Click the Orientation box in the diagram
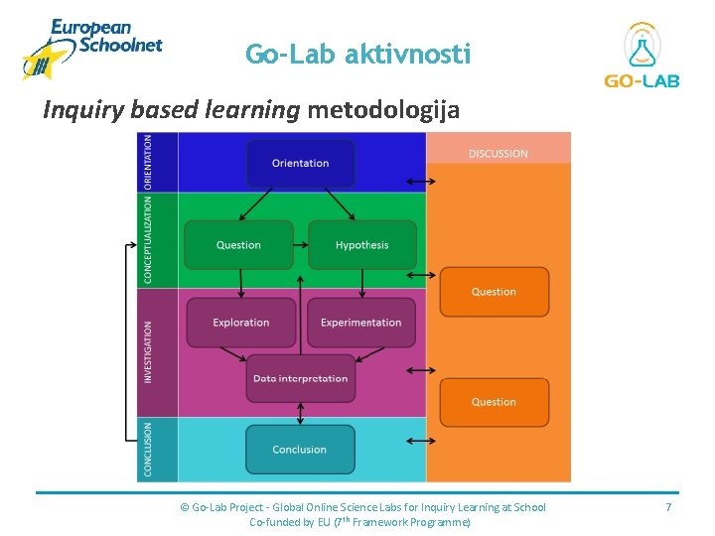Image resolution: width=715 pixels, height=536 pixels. tap(300, 164)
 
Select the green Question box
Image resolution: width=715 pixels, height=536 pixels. tap(238, 245)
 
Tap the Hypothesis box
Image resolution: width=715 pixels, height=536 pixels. tap(361, 245)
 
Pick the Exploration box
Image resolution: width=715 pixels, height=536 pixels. tap(241, 323)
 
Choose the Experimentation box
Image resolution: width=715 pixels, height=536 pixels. tap(361, 323)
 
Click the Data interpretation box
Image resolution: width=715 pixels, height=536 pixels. tap(300, 378)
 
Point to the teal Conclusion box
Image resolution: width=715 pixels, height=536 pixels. tap(299, 450)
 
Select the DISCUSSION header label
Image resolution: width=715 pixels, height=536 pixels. tap(499, 154)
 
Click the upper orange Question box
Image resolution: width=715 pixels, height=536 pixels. tap(494, 292)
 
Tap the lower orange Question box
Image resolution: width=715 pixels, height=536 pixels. tap(494, 402)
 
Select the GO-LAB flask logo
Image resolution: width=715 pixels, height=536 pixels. tap(643, 55)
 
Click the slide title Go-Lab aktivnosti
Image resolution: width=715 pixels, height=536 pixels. tap(357, 55)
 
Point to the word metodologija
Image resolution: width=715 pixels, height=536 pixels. tap(383, 109)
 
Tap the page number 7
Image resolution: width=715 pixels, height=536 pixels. tap(668, 507)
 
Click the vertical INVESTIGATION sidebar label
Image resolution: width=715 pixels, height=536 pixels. tap(149, 352)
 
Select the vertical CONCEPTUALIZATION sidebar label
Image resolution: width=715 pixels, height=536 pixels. tap(149, 239)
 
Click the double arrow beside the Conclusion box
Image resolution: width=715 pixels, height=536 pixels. tap(421, 441)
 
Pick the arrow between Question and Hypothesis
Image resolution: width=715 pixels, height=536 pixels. tap(301, 245)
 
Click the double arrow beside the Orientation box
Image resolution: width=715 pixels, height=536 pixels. tap(421, 182)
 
